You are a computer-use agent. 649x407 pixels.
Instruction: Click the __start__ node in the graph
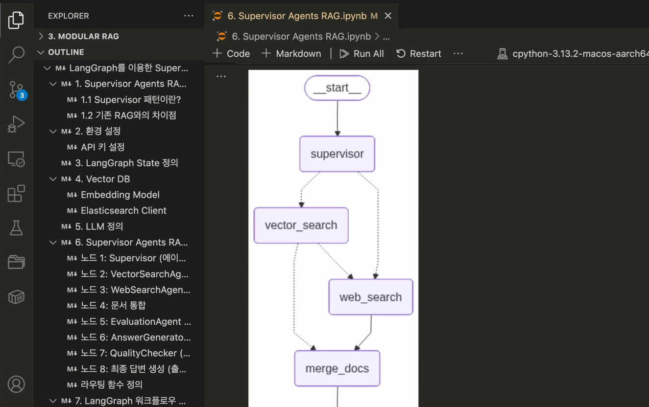tap(337, 88)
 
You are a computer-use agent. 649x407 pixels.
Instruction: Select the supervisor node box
tap(337, 154)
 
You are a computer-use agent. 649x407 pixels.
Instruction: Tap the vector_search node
tap(301, 226)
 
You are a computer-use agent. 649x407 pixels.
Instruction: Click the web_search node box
tap(370, 297)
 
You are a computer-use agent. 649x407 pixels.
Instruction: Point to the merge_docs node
tap(337, 368)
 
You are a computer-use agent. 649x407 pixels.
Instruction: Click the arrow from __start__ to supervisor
tap(337, 118)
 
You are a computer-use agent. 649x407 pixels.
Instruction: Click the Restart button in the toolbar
tap(419, 54)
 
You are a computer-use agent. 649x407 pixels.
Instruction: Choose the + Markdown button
tap(291, 54)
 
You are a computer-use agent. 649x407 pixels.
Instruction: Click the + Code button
tap(231, 54)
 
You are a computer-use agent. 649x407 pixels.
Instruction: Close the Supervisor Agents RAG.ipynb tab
tap(388, 16)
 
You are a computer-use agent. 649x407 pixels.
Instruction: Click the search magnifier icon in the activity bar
tap(16, 54)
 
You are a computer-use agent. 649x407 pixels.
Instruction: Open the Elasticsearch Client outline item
tap(123, 210)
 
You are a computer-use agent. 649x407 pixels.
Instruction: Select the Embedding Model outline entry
tap(120, 195)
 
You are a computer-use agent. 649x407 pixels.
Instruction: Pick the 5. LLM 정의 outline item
tap(99, 226)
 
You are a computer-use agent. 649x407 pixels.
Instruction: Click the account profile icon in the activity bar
tap(16, 384)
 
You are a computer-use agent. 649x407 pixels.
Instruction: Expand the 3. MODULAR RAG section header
tap(83, 36)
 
